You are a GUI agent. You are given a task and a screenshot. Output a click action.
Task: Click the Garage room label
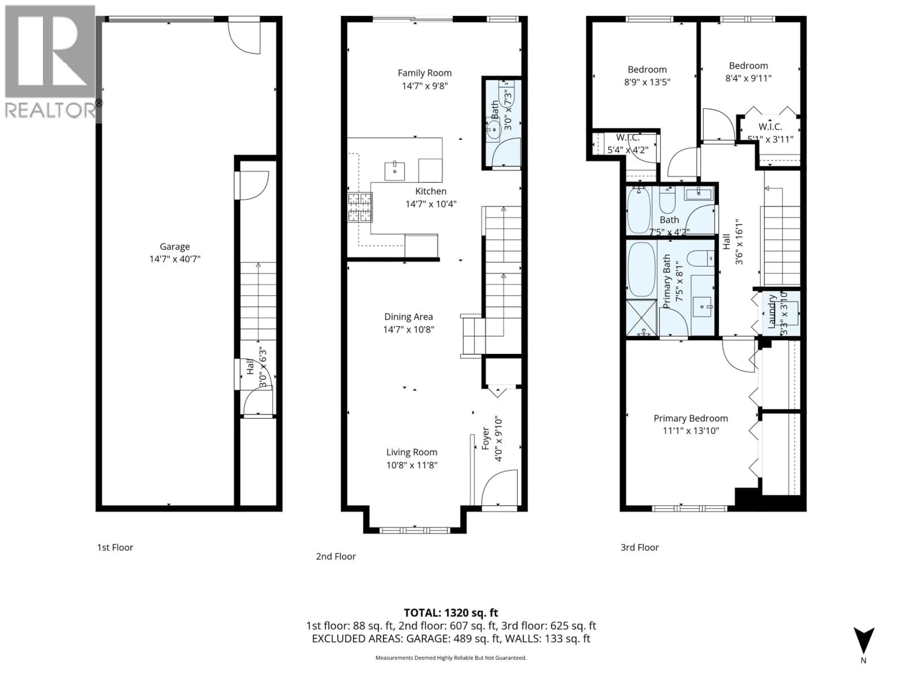click(175, 246)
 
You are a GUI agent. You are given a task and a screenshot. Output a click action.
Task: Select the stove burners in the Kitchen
click(360, 207)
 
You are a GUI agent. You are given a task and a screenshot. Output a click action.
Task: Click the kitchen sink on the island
click(395, 171)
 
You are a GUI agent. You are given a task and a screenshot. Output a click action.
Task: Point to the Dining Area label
click(408, 317)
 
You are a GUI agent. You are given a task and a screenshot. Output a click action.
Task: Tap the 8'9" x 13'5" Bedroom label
click(647, 70)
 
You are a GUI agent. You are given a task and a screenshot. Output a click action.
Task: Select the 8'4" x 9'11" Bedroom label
click(748, 65)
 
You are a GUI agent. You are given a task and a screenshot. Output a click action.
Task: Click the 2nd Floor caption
click(336, 557)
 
